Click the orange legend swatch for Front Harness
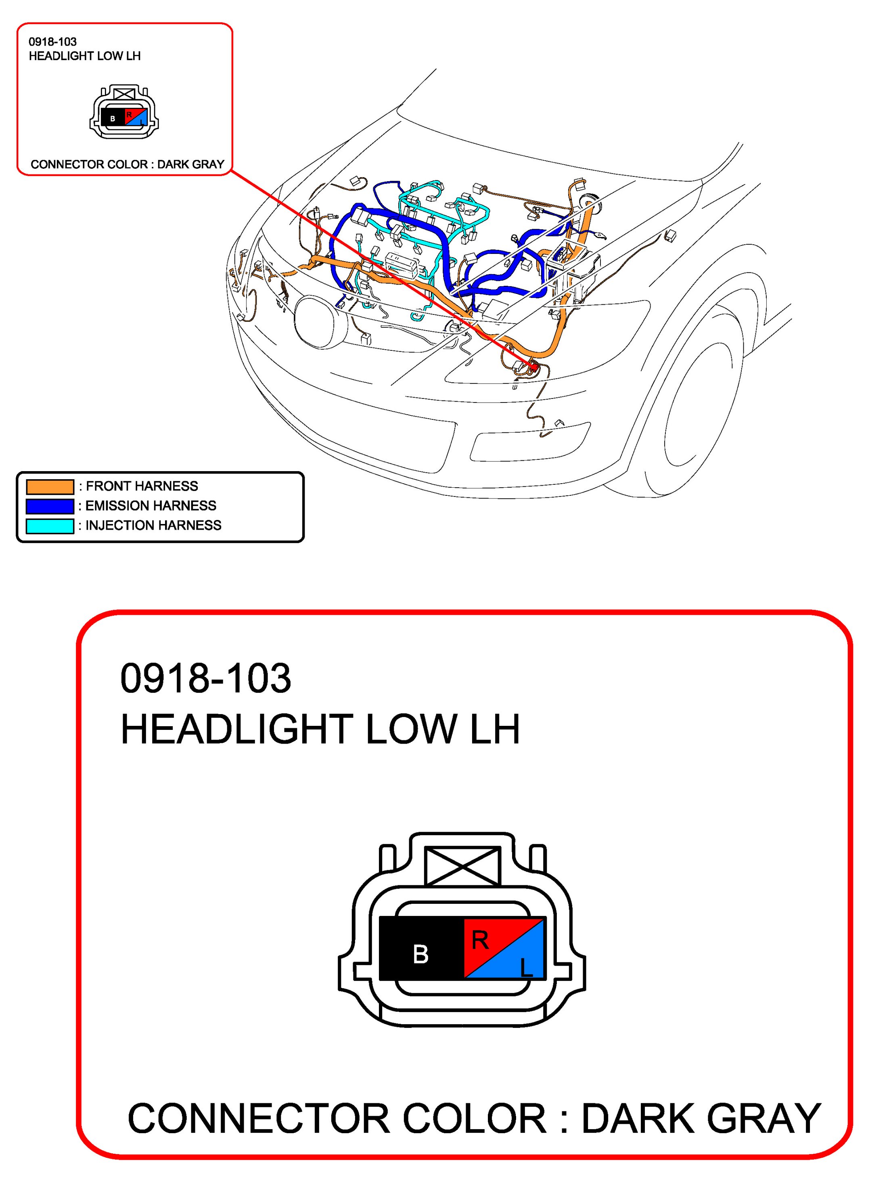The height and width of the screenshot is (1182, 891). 50,486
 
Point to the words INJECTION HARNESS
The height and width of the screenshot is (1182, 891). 153,525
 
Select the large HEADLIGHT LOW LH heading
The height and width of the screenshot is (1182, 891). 320,729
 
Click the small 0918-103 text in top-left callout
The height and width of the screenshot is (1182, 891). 53,42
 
